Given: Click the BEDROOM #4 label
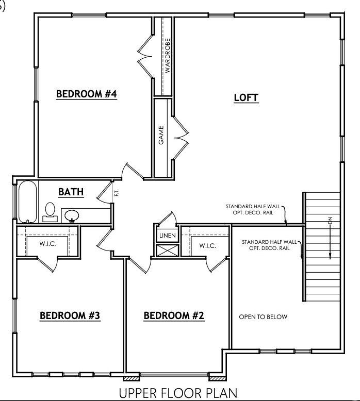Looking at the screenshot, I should coord(87,94).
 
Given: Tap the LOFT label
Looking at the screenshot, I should coord(246,97).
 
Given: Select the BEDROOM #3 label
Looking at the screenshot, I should coord(70,315).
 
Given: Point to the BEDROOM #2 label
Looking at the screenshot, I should coord(174,315).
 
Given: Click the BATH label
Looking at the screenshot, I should coord(71,192).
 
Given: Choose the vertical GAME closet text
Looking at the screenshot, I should coord(161,135).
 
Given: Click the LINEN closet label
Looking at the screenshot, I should coord(167,236).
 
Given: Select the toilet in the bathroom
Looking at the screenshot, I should coord(50,211).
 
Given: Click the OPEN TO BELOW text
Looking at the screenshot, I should coord(263,316).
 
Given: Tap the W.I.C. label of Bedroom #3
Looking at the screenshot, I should coord(48,243).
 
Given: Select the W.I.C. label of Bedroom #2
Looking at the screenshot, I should coord(208,246).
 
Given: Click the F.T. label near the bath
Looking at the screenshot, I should coord(116,193).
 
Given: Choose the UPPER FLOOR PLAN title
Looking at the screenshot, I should coord(179,393).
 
